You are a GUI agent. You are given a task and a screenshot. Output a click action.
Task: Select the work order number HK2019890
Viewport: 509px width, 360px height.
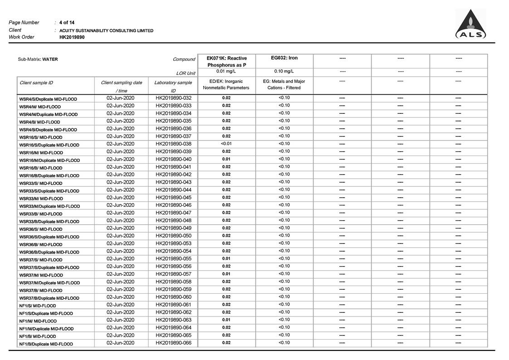click(72, 37)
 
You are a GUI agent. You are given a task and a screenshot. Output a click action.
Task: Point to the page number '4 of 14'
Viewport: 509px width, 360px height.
click(67, 22)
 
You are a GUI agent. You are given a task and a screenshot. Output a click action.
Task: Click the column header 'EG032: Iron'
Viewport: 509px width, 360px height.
click(284, 58)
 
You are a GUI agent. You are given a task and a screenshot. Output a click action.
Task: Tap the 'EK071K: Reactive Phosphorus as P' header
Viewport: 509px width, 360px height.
click(226, 62)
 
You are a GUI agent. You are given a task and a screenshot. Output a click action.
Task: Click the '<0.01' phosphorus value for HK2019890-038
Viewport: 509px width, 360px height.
click(226, 144)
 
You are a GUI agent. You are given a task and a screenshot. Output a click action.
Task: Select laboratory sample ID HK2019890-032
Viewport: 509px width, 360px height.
click(173, 98)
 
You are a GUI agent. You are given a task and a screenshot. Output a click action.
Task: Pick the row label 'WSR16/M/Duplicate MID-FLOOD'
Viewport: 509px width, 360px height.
click(49, 161)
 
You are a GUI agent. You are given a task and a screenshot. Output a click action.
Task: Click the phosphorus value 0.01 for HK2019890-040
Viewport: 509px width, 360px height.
click(226, 159)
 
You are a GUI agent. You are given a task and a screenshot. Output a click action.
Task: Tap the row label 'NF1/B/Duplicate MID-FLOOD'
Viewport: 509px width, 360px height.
click(46, 344)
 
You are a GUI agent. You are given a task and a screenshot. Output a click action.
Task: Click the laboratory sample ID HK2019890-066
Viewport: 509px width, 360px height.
click(173, 343)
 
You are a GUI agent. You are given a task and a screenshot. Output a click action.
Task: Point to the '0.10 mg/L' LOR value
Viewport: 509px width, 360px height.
click(284, 71)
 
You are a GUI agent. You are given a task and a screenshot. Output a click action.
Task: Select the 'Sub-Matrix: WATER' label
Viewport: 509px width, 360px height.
click(38, 59)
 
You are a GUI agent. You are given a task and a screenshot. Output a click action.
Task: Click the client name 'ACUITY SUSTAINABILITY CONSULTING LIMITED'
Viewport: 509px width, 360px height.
click(106, 30)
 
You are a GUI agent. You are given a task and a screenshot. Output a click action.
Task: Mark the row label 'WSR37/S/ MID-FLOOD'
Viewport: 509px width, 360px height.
click(40, 260)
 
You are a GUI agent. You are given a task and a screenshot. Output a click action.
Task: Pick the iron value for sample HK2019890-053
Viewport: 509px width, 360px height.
click(284, 243)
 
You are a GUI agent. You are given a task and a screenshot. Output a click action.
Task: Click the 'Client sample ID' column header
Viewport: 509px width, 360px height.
click(36, 83)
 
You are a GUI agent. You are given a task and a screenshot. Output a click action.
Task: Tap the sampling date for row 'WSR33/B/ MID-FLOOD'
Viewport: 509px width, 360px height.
click(120, 213)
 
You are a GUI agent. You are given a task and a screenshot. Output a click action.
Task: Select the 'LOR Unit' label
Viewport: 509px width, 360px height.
click(186, 73)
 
